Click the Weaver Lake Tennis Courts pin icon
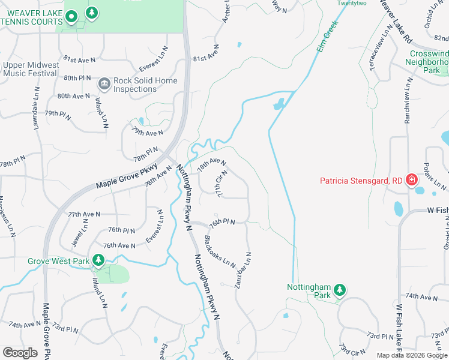[x=72, y=18]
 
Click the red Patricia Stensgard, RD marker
[x=412, y=180]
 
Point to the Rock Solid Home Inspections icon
[x=104, y=83]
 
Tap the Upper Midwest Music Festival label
[x=31, y=70]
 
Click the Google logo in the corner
[x=20, y=352]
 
